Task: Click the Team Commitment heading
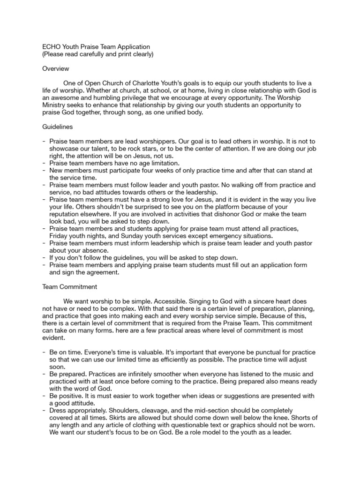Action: tap(70, 286)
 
